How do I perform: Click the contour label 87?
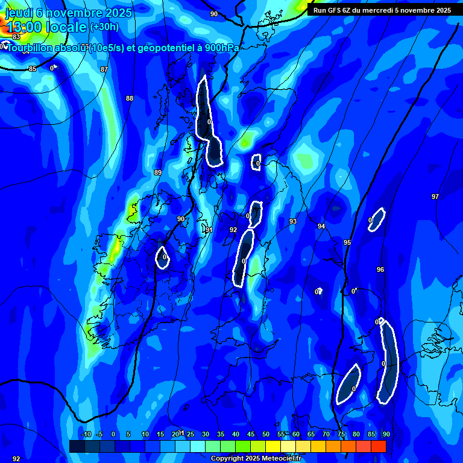click(x=104, y=69)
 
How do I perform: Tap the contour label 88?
click(x=130, y=98)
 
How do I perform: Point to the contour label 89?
click(x=158, y=172)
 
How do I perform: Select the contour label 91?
click(x=209, y=230)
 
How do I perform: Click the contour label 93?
click(x=293, y=221)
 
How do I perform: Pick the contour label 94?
click(x=321, y=226)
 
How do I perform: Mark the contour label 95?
click(x=347, y=242)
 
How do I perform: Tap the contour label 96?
click(x=380, y=269)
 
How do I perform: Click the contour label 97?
click(x=435, y=197)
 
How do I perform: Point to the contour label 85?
click(x=33, y=69)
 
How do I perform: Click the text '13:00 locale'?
click(x=46, y=27)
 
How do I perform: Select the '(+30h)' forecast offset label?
click(x=104, y=27)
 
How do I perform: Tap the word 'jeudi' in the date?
click(x=20, y=12)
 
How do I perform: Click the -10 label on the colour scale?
click(x=86, y=434)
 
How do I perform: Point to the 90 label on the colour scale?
click(x=386, y=434)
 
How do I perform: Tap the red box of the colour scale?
click(x=378, y=446)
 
